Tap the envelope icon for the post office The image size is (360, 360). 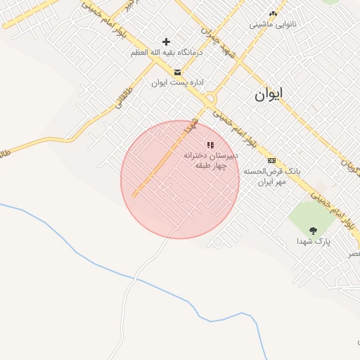pyautogui.click(x=177, y=72)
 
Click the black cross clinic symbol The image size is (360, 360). pyautogui.click(x=166, y=42)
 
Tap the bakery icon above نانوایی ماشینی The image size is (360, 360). pyautogui.click(x=274, y=13)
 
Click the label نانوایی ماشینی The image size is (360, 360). pyautogui.click(x=274, y=24)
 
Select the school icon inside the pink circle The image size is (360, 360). pyautogui.click(x=210, y=144)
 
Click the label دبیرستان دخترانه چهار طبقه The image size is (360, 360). pyautogui.click(x=211, y=160)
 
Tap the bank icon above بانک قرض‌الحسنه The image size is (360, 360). pyautogui.click(x=271, y=160)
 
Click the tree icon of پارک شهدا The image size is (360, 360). pyautogui.click(x=313, y=230)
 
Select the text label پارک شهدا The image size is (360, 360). pyautogui.click(x=313, y=241)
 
